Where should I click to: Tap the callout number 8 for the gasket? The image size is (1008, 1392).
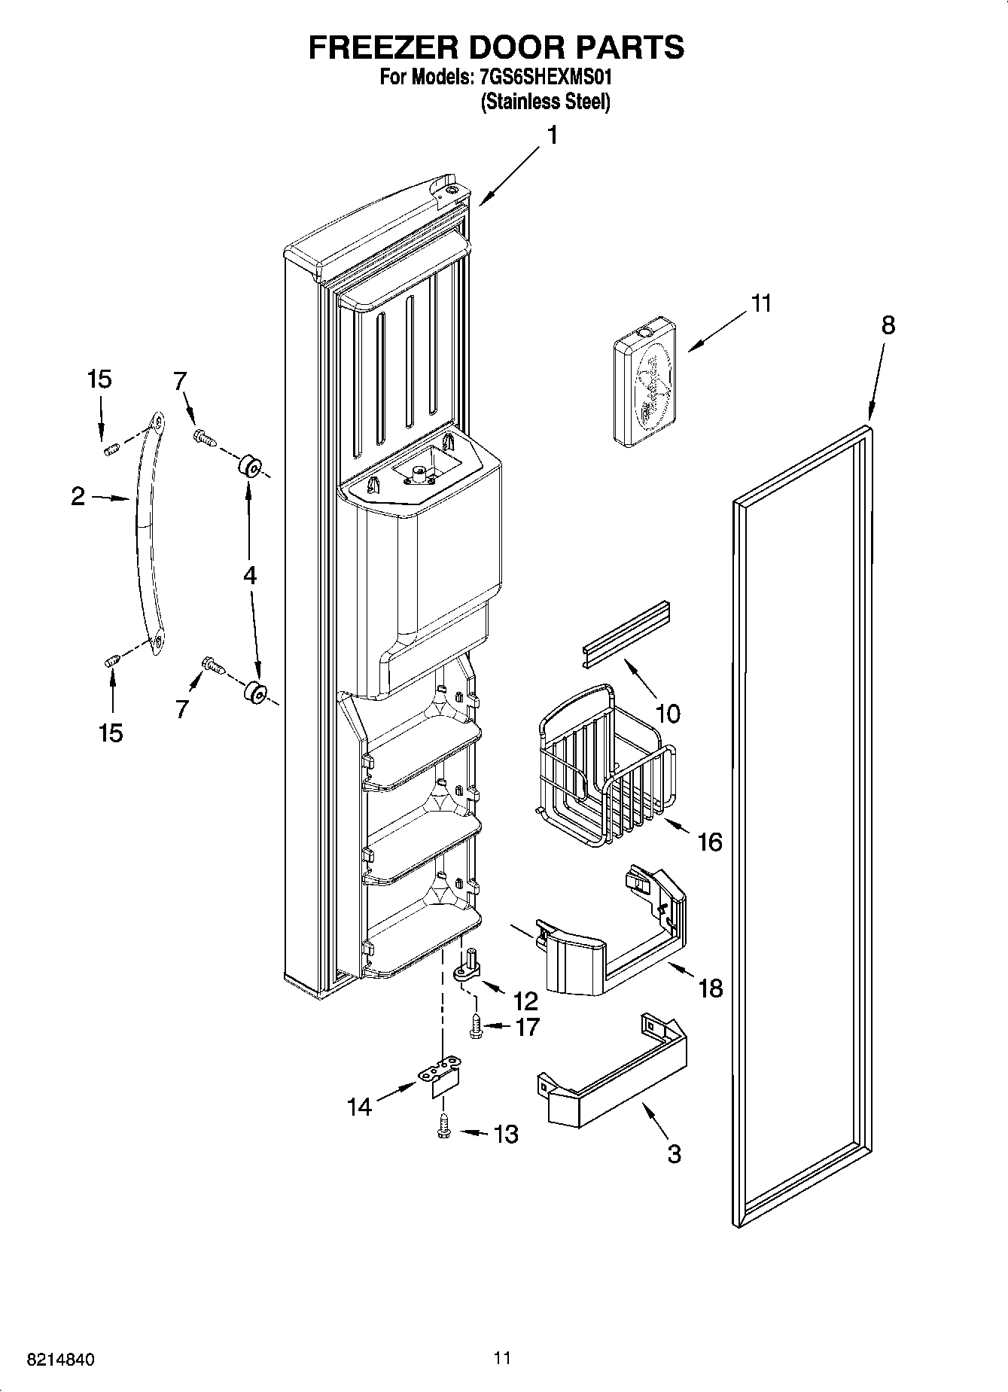(888, 325)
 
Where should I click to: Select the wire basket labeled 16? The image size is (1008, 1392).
(605, 768)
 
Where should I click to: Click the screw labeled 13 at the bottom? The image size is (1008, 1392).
(444, 1125)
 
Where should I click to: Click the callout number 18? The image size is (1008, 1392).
(711, 988)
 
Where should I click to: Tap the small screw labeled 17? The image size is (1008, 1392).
(476, 1026)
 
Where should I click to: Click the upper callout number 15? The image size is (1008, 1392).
(99, 379)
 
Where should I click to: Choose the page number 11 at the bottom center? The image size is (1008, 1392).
(503, 1358)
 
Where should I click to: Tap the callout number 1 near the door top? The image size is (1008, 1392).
(552, 136)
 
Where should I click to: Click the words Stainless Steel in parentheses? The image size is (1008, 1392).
(545, 102)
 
